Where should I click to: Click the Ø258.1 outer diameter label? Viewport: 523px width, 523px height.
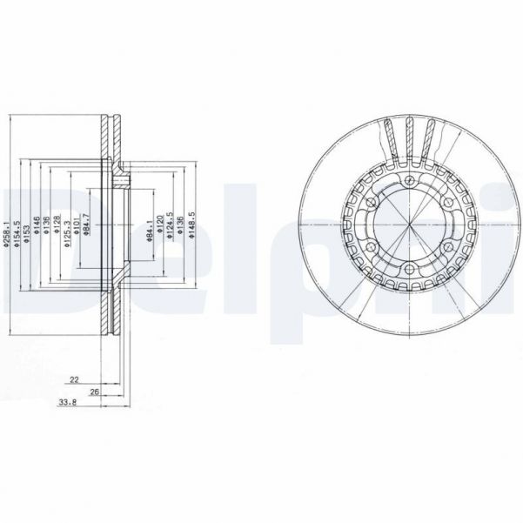(x=6, y=234)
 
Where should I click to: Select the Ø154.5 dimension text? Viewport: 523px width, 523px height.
(x=17, y=234)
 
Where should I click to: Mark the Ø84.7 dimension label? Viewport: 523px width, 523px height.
(x=87, y=231)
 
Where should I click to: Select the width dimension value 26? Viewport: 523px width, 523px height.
(x=94, y=392)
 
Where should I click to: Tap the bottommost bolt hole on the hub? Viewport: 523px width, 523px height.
(x=408, y=269)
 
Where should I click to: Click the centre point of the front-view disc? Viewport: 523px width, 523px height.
(x=408, y=224)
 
